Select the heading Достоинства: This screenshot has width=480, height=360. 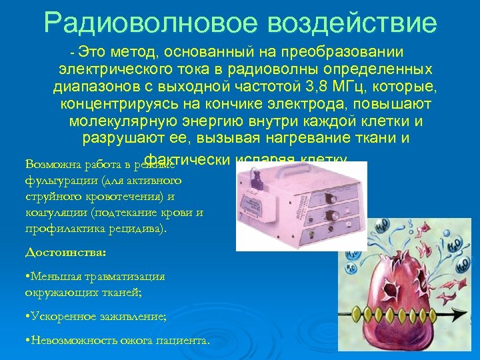[65, 253]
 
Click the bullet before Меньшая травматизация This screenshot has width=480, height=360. [27, 276]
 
